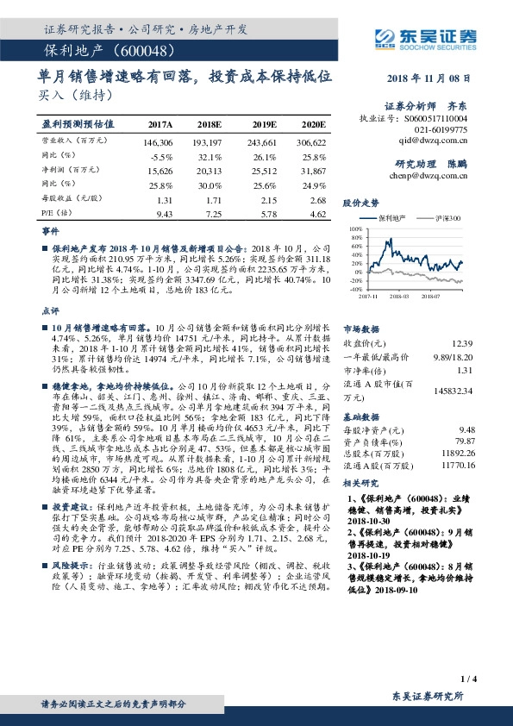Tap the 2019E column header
coord(261,124)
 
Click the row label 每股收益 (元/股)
coord(66,198)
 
